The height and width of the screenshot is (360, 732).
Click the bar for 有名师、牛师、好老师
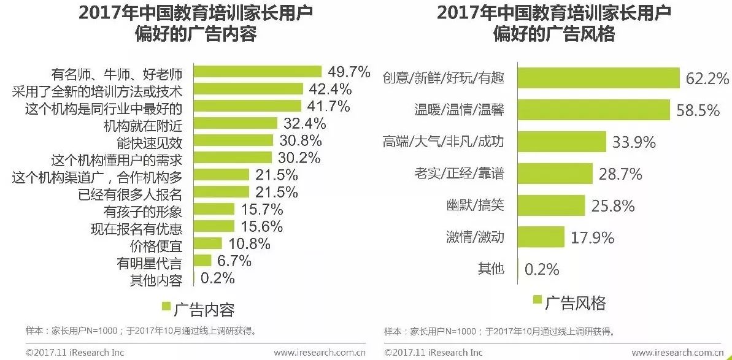(258, 72)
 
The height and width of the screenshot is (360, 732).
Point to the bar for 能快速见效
(233, 141)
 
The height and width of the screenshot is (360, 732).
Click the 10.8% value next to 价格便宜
(249, 244)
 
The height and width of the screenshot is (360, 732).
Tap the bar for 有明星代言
(202, 261)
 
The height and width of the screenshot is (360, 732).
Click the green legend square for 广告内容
(166, 306)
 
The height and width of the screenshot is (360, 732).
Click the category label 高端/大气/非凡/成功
(442, 142)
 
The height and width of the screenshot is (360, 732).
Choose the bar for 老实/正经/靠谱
(556, 174)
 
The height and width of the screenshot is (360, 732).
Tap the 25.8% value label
(613, 205)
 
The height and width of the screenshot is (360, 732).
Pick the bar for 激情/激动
(541, 237)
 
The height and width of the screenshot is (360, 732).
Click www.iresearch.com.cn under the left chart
(319, 353)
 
